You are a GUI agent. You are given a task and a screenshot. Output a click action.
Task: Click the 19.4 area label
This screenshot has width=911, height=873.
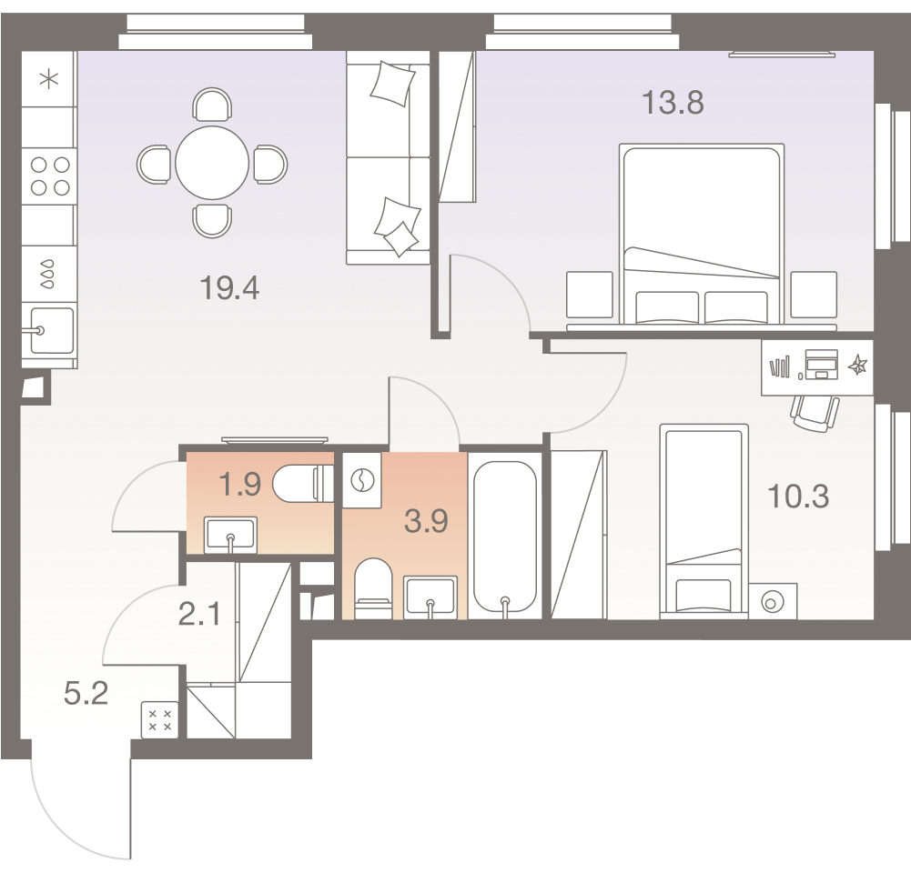(x=229, y=288)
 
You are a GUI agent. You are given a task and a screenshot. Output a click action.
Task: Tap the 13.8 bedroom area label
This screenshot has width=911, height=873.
(x=673, y=103)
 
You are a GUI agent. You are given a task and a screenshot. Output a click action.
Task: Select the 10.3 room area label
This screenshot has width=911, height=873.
(x=798, y=497)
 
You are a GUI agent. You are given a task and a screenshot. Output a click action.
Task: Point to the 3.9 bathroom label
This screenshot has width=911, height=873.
(x=426, y=521)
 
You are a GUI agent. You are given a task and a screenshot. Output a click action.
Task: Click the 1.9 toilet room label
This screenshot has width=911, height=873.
(x=239, y=484)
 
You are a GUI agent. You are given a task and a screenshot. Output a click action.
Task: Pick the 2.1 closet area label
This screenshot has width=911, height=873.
(x=199, y=614)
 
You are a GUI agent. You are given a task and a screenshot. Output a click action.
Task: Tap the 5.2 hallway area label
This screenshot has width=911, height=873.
(x=86, y=693)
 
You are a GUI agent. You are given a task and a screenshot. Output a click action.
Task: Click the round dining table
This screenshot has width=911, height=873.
(x=212, y=163)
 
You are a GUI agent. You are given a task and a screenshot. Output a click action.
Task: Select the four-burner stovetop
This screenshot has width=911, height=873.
(x=49, y=176)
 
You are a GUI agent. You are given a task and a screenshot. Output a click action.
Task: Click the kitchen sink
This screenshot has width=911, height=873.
(x=51, y=331)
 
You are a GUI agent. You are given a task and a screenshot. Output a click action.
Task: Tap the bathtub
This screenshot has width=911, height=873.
(x=505, y=536)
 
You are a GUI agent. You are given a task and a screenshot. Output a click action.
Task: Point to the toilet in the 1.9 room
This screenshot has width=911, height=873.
(x=302, y=484)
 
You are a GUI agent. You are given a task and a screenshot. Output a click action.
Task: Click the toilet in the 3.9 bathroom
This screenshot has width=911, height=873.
(x=372, y=588)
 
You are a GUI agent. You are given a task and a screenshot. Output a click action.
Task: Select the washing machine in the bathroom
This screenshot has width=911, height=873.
(x=362, y=481)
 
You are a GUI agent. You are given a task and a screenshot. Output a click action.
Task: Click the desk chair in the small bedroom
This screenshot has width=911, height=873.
(x=815, y=413)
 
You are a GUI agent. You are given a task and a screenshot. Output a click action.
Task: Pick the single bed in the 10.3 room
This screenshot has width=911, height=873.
(x=704, y=521)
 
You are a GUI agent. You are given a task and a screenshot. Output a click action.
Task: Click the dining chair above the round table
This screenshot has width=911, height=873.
(x=212, y=105)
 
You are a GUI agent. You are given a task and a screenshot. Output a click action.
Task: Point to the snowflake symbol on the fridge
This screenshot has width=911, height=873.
(x=49, y=78)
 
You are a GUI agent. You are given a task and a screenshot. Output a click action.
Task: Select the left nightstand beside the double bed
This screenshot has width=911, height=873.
(x=590, y=295)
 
